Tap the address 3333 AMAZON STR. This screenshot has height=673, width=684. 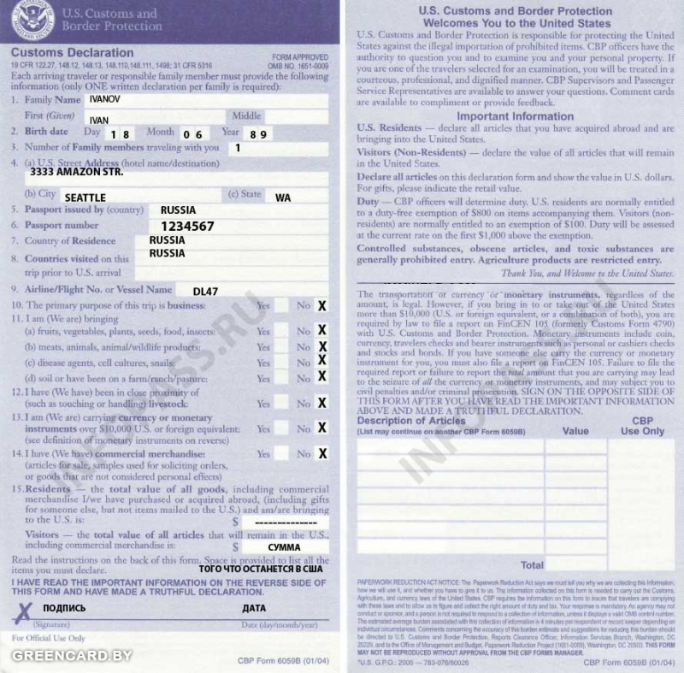point(76,172)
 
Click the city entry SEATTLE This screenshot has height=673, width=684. point(85,198)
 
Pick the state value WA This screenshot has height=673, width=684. point(283,198)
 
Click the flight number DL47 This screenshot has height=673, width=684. point(205,292)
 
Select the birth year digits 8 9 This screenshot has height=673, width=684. point(259,134)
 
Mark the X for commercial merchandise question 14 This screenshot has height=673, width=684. point(322,454)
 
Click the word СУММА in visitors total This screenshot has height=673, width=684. point(285,545)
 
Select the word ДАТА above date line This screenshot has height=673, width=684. point(255,608)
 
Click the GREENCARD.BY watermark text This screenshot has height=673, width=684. point(71,656)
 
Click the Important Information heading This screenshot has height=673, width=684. point(515,116)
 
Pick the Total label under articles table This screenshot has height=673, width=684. point(532,565)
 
